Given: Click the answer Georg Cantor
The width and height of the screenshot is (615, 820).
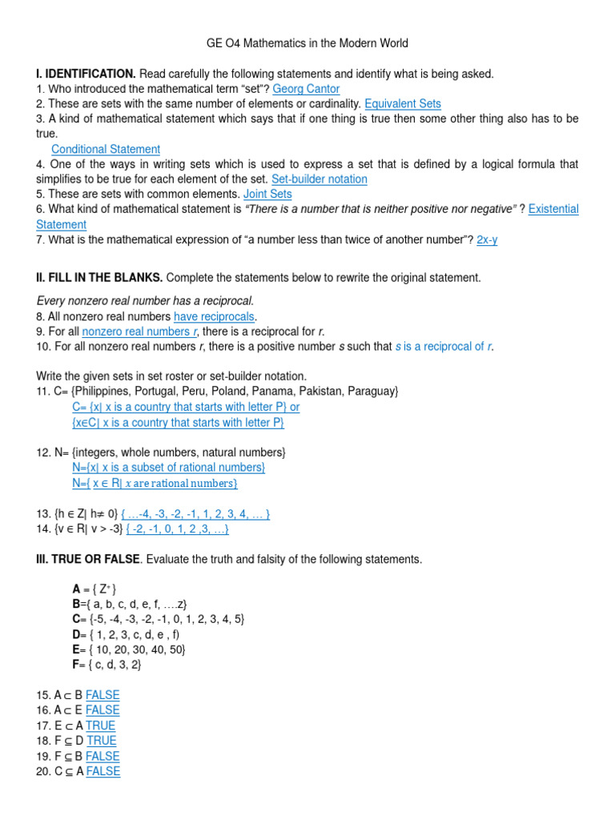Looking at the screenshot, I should (x=306, y=89).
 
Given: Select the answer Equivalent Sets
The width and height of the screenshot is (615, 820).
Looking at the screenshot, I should (x=402, y=104).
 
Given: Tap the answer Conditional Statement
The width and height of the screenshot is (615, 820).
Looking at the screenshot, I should (x=106, y=149).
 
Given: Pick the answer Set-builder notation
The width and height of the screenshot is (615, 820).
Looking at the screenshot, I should (x=320, y=179).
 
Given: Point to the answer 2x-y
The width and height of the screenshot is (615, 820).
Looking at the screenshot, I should (x=487, y=239).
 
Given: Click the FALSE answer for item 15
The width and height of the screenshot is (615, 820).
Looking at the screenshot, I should (x=102, y=695).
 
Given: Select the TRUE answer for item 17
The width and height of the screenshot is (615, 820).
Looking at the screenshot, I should (x=101, y=726).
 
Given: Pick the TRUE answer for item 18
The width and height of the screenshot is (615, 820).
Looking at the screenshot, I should (x=102, y=741).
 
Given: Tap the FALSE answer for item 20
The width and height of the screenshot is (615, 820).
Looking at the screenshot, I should (x=103, y=771).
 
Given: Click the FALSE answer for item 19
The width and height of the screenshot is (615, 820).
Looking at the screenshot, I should (x=102, y=756).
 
